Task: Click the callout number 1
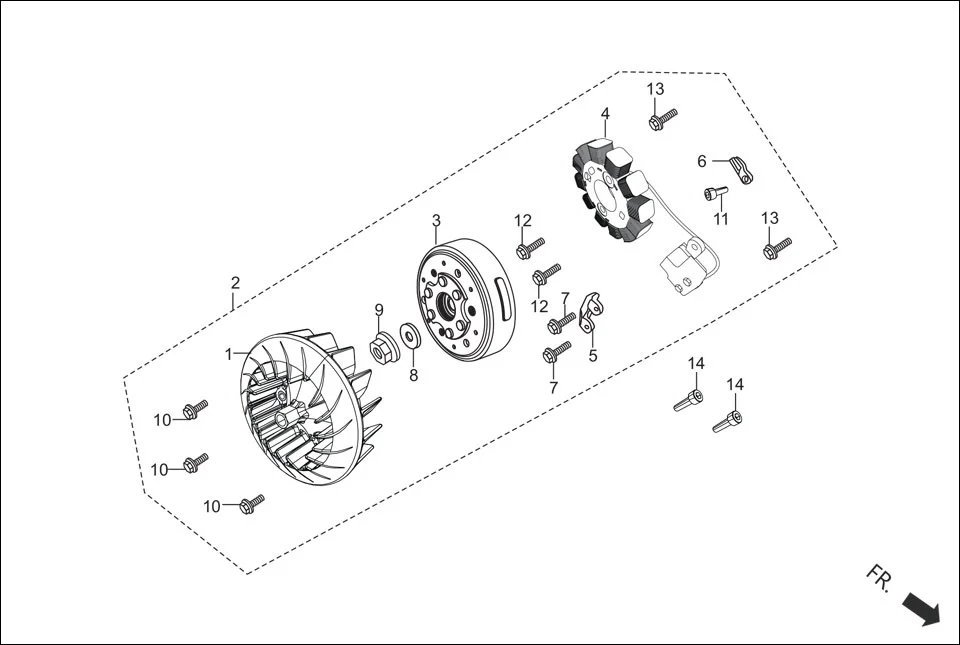229,354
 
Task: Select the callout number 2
235,282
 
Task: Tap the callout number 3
436,220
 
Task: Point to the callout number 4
605,115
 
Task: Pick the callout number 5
592,354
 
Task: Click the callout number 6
702,161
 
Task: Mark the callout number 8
413,376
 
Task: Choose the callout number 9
379,309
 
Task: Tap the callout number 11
721,219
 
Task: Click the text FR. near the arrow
879,579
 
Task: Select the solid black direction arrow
921,608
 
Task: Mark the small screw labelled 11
713,194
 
